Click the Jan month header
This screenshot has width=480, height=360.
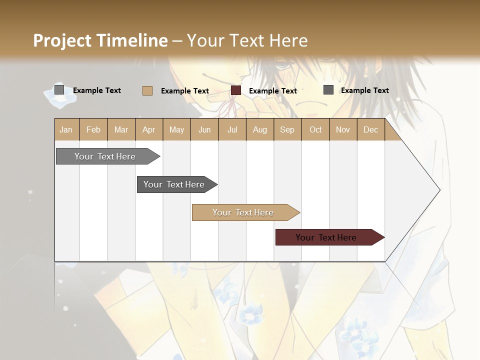coord(66,129)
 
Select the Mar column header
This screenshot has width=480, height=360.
coord(121,129)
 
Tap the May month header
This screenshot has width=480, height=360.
coord(176,129)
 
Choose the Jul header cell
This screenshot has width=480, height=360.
coord(232,129)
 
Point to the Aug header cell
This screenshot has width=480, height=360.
coord(259,129)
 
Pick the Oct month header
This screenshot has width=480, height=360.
coord(315,129)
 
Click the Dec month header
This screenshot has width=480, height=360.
coord(370,129)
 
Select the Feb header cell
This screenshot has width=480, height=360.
coord(93,129)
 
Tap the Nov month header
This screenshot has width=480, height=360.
coord(342,129)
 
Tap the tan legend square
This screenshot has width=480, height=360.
coord(147,90)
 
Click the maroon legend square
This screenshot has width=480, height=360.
coord(236,90)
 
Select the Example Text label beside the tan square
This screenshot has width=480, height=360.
coord(184,91)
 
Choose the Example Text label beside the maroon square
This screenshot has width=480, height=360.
coord(272,91)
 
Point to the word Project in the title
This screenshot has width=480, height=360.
coord(62,40)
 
